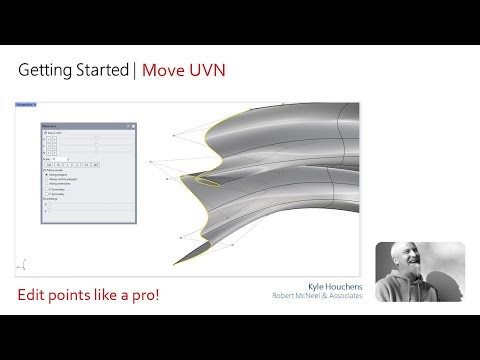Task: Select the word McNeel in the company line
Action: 312,294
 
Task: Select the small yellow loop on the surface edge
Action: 207,181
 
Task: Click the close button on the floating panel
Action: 129,126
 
